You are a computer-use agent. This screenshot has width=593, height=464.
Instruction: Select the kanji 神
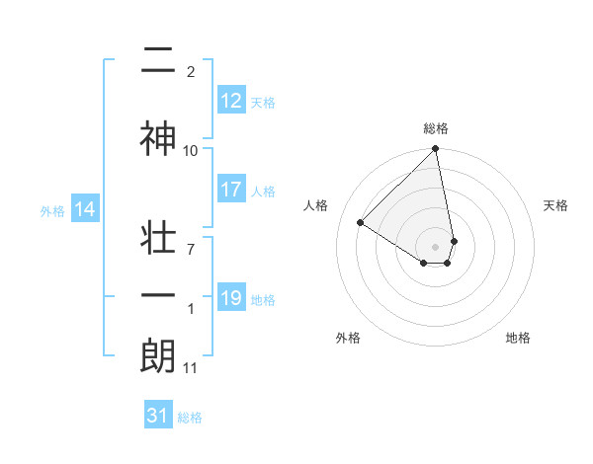158,140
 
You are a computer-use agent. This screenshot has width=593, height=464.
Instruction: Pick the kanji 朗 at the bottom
158,356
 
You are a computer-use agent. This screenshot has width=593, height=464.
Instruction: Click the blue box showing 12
231,101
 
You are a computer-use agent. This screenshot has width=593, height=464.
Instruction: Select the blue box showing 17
231,191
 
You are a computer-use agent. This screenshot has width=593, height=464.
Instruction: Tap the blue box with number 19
231,298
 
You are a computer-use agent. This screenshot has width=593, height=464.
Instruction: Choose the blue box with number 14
85,209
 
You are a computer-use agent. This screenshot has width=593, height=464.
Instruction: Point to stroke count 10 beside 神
191,151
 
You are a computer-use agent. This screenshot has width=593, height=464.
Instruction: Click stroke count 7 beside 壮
191,250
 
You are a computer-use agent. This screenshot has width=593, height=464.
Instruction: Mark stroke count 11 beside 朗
191,368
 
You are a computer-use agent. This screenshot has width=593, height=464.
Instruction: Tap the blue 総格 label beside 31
190,418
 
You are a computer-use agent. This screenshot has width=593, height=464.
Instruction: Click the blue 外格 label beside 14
52,210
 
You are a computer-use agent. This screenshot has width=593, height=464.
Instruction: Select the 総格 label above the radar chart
436,128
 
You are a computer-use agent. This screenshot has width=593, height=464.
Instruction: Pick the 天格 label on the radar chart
556,205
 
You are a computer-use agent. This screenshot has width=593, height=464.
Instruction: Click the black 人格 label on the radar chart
316,205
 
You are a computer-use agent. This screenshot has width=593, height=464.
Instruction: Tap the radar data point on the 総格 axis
436,149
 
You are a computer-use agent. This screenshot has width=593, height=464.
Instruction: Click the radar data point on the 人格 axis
361,223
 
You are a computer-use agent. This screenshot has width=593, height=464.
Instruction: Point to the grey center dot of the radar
436,246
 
